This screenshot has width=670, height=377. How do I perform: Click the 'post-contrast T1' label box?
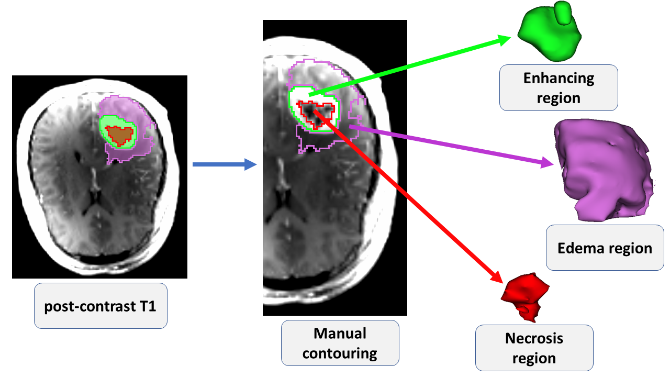click(100, 306)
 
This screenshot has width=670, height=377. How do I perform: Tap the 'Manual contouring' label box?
click(340, 343)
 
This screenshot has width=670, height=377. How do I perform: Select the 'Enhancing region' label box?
click(559, 87)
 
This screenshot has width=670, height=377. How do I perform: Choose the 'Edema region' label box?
click(605, 248)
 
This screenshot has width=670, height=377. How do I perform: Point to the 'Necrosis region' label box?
click(534, 348)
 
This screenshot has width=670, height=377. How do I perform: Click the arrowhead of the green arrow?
click(506, 39)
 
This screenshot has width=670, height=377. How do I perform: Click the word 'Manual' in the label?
click(340, 334)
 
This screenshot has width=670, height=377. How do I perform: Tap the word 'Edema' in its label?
click(579, 248)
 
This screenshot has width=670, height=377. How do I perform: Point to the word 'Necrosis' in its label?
click(534, 338)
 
